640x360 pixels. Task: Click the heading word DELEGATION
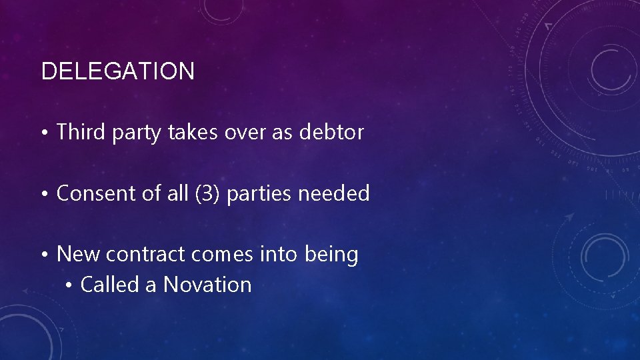point(118,71)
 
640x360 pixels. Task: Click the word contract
point(143,254)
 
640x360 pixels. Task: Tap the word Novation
point(207,285)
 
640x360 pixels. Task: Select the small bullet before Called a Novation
point(69,285)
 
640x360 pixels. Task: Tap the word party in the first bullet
point(136,133)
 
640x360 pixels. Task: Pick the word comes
point(219,255)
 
